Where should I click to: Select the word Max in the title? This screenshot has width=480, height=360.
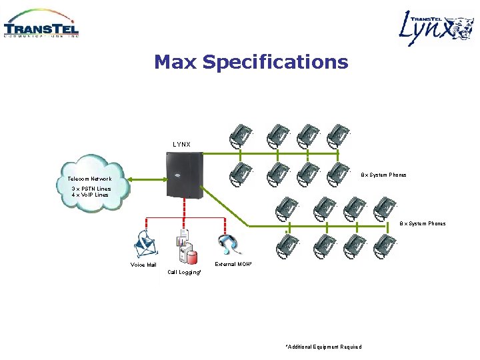click(x=175, y=63)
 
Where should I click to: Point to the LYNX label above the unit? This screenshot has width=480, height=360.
click(x=181, y=145)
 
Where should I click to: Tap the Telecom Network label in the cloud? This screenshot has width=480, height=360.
click(x=89, y=179)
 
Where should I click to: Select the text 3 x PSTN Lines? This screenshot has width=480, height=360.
click(x=91, y=189)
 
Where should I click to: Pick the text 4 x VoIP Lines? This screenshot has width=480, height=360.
click(x=89, y=195)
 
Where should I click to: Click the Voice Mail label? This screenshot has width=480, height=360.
click(x=143, y=265)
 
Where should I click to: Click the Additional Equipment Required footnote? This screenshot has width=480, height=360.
click(x=323, y=347)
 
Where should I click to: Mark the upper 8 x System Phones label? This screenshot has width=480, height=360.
click(x=383, y=175)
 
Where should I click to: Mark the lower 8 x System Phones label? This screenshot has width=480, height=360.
click(x=423, y=224)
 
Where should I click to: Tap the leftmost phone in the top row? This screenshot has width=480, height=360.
click(x=240, y=136)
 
